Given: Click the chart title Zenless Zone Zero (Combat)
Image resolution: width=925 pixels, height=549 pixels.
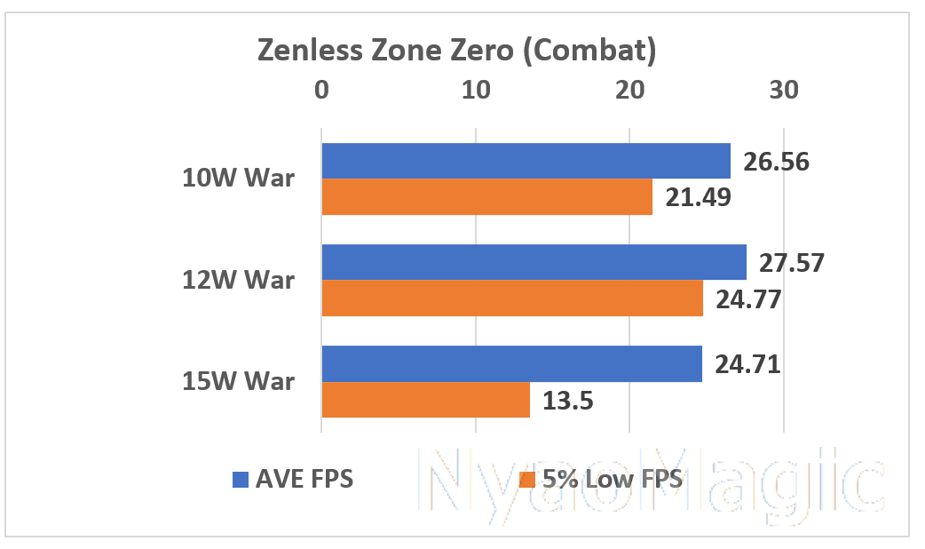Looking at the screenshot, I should [456, 51].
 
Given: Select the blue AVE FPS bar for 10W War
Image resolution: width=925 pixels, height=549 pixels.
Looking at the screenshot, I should [526, 161].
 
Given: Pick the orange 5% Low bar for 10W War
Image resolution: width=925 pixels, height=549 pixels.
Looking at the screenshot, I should [486, 197].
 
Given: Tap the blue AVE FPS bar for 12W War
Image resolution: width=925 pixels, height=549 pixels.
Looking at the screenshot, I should [534, 262].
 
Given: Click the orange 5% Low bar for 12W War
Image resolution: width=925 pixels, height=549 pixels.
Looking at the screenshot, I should [512, 298].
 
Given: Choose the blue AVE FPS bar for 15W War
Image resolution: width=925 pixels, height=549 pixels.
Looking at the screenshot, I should [511, 364].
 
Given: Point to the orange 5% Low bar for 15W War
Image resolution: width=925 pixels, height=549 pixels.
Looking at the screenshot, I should [425, 400].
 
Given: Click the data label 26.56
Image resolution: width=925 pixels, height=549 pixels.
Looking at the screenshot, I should [775, 162].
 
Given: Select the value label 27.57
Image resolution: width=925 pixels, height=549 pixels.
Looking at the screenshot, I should [792, 263].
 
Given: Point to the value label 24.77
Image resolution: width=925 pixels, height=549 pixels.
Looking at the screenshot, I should [747, 299].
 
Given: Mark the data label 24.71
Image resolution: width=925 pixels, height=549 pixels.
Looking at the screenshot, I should [747, 364].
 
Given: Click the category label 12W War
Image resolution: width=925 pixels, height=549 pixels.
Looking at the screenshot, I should [239, 281].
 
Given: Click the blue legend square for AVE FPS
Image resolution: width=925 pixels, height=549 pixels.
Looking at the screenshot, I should [239, 480].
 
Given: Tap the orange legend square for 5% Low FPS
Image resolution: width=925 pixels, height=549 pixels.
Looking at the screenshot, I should [526, 480].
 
